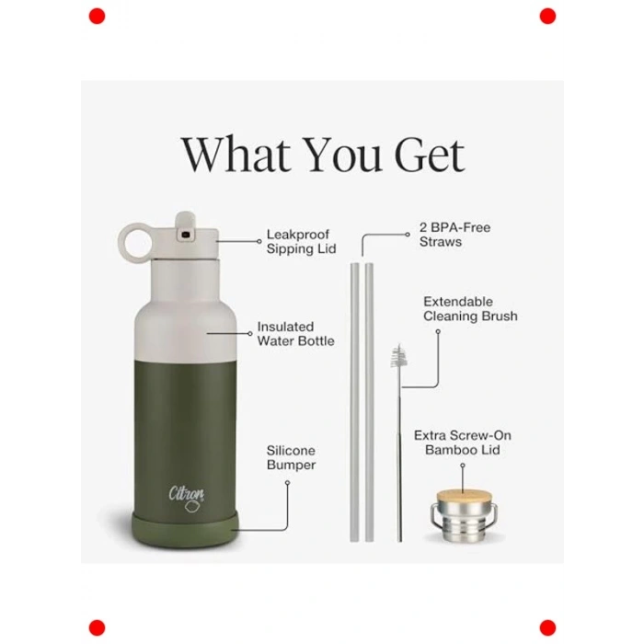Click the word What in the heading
point(236,154)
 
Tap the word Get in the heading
point(430,155)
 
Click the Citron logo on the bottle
point(187,499)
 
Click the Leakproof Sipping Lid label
point(301,241)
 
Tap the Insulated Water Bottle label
point(295,334)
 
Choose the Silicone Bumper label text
point(292,457)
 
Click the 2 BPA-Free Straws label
point(454,235)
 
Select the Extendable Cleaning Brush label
point(470,309)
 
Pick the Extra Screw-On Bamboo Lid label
point(463,443)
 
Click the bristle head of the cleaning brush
point(398,356)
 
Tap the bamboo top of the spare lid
point(464,497)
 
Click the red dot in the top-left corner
point(97,17)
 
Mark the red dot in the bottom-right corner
point(547,628)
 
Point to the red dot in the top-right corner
point(547,17)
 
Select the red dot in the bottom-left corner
point(97,628)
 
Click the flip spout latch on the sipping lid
point(185,226)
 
